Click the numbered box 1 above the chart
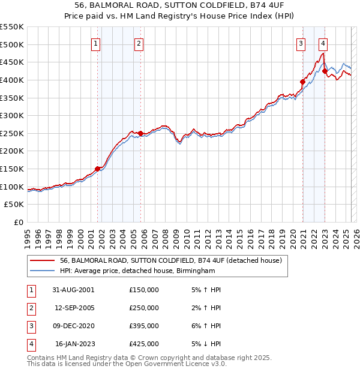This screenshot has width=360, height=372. click(x=97, y=43)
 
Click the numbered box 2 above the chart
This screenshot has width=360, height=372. click(x=139, y=43)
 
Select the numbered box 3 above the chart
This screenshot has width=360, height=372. click(x=301, y=43)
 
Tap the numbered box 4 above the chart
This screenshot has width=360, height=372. click(x=323, y=43)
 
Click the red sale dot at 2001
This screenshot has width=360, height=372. click(x=97, y=169)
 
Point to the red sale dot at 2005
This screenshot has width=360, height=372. click(x=140, y=133)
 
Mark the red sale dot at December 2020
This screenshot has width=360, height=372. click(x=302, y=82)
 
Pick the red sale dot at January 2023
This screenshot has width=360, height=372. click(x=325, y=71)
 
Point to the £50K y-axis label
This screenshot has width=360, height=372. click(x=14, y=205)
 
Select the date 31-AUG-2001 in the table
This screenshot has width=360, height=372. click(x=74, y=290)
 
